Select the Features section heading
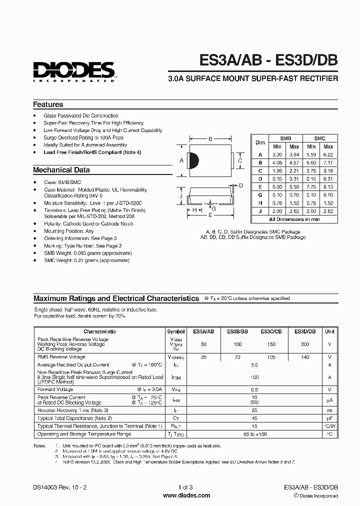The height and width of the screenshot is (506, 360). [x=48, y=104]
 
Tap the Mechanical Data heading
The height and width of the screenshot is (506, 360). [x=61, y=170]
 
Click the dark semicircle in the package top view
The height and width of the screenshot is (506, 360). [x=194, y=160]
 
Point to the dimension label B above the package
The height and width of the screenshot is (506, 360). [x=210, y=139]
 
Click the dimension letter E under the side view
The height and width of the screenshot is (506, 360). [x=210, y=215]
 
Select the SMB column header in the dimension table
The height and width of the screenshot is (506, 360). [x=285, y=138]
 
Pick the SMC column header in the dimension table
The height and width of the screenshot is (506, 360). [x=319, y=138]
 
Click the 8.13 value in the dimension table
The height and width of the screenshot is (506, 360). [x=328, y=187]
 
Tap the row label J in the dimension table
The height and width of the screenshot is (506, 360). [x=260, y=211]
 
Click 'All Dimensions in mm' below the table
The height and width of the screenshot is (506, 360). [x=294, y=219]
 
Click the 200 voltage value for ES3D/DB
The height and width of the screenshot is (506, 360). [x=305, y=344]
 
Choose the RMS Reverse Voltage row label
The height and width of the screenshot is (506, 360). [x=61, y=357]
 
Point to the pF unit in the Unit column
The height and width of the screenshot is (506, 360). [x=329, y=418]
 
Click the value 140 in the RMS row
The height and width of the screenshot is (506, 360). [x=305, y=357]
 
